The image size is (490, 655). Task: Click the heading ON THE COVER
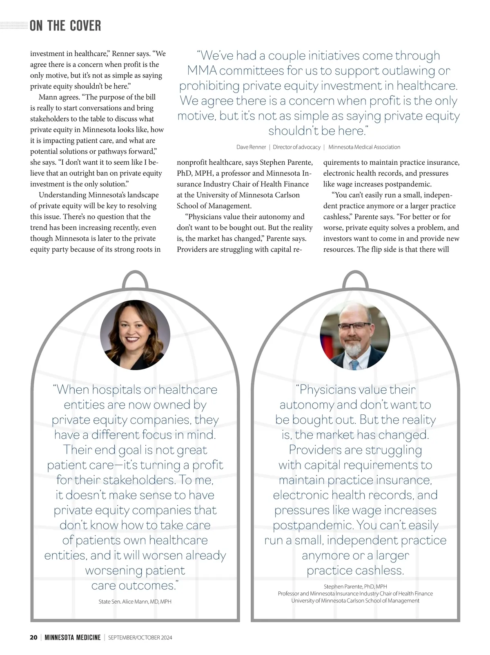pos(65,26)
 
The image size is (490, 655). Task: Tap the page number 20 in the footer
pos(33,637)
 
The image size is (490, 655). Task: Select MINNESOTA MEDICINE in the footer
pos(73,637)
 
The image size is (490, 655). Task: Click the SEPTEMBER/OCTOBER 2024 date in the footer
pos(140,637)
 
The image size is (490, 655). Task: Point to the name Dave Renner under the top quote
pos(251,147)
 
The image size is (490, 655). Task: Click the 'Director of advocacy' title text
pos(296,147)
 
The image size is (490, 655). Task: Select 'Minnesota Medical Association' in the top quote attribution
pos(364,147)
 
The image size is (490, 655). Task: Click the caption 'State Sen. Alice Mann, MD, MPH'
pos(135,602)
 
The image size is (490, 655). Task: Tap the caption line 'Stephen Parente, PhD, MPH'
pos(355,586)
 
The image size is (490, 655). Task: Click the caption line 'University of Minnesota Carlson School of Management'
pos(355,601)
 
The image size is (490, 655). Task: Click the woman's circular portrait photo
pos(135,334)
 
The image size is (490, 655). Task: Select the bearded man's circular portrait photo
pos(355,335)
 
